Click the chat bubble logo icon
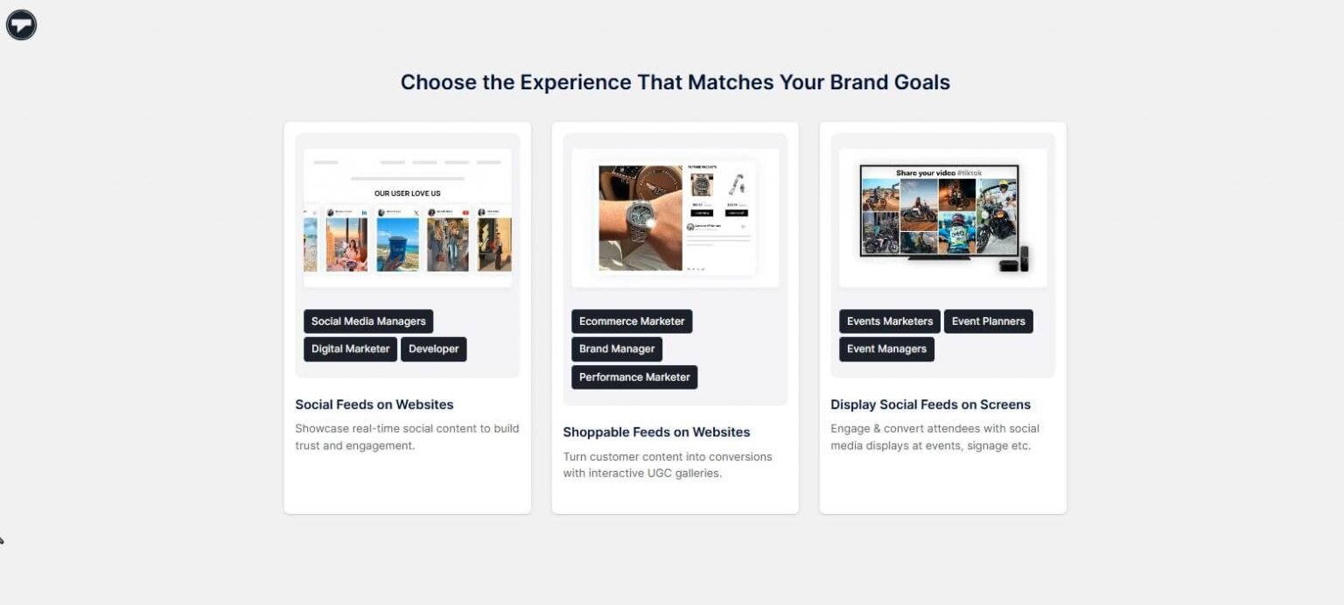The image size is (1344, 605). click(21, 25)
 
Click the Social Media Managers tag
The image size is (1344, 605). click(368, 321)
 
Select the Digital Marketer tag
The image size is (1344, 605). click(350, 348)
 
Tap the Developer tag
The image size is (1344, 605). click(433, 348)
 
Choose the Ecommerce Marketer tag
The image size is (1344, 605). click(632, 321)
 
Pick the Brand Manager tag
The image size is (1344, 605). click(617, 348)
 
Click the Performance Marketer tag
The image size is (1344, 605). click(634, 376)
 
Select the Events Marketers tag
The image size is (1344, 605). click(889, 321)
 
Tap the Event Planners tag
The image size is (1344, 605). click(988, 321)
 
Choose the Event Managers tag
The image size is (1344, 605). click(886, 348)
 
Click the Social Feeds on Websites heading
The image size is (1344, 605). click(374, 405)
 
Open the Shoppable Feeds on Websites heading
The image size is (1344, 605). click(656, 432)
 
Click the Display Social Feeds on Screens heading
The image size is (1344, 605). click(930, 405)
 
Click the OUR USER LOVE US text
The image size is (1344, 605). click(407, 193)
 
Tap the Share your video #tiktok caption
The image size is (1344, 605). click(939, 172)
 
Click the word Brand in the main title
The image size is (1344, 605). click(858, 82)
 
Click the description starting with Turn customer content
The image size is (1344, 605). click(668, 465)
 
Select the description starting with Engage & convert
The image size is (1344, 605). click(934, 437)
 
